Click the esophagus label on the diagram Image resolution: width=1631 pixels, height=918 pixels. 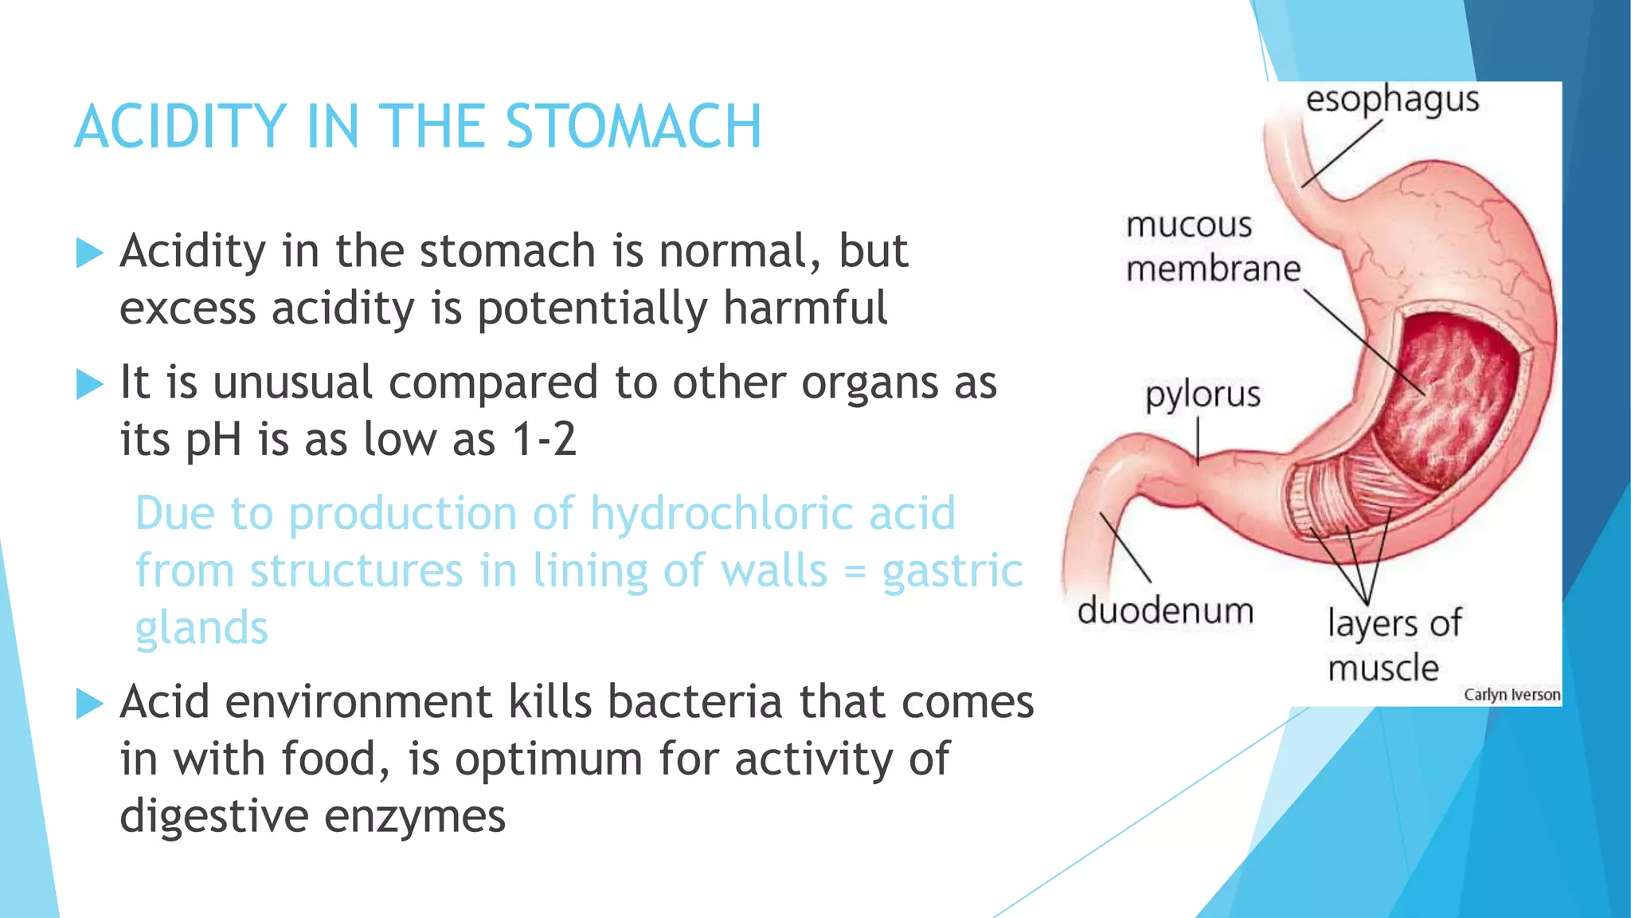(1392, 101)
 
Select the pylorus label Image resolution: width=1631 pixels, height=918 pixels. (1203, 395)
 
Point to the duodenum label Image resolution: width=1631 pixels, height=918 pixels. (1165, 611)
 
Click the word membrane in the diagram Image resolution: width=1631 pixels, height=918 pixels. (1213, 269)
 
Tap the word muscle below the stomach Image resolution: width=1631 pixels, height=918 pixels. (1383, 668)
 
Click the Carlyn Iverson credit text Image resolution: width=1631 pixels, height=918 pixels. (1512, 695)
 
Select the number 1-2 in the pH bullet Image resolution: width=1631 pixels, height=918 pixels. (544, 439)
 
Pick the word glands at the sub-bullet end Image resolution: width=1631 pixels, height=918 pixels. (201, 628)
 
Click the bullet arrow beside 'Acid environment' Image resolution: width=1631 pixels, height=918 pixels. (90, 704)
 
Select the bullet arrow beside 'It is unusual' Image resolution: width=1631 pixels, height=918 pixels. (90, 385)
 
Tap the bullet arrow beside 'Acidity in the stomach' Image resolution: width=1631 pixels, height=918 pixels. (90, 253)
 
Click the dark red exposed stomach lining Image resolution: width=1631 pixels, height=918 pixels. (1449, 398)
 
